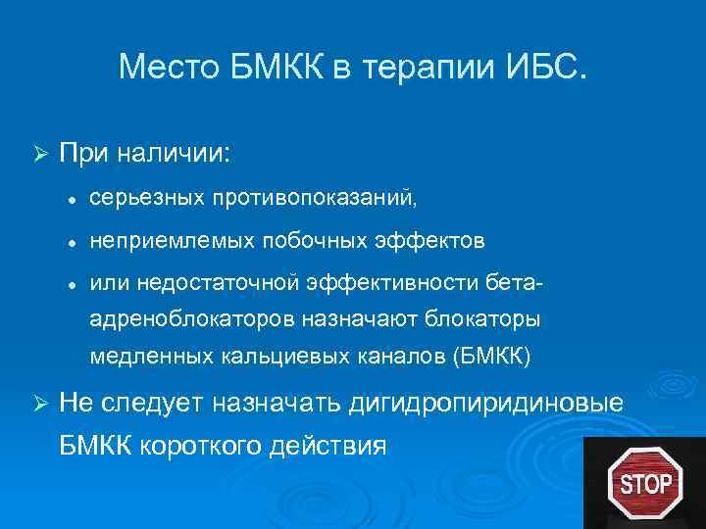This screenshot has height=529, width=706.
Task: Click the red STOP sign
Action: click(x=645, y=482)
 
